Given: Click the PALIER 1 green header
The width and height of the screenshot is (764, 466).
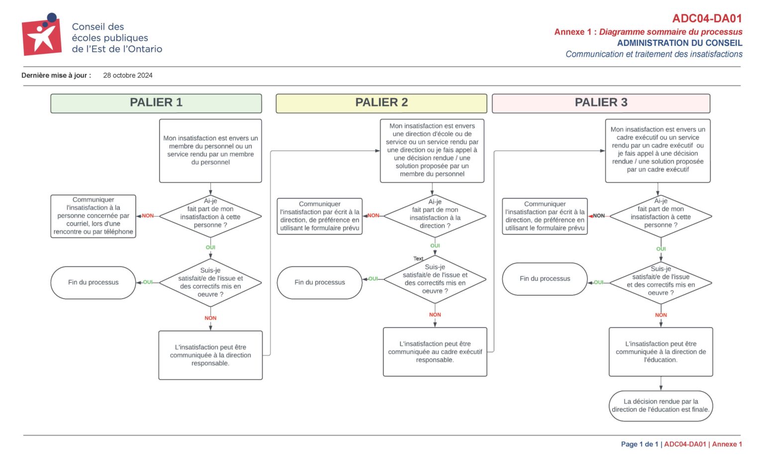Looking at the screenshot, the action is [x=156, y=104].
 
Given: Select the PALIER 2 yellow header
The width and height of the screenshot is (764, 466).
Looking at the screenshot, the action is [x=382, y=104].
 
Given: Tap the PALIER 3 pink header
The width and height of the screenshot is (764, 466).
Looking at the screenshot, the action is [x=601, y=104].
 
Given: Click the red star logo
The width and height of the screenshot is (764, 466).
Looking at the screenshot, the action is [x=42, y=34].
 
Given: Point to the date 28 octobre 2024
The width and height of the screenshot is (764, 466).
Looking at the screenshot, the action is [x=128, y=76].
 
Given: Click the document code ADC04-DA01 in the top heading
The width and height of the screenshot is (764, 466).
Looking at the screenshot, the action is [x=707, y=18].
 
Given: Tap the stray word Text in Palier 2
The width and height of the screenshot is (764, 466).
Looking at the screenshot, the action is [x=418, y=258].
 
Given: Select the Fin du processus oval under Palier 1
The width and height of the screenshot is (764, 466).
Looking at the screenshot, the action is [x=93, y=283].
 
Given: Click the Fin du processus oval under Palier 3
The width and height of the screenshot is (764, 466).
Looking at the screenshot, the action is [x=545, y=279].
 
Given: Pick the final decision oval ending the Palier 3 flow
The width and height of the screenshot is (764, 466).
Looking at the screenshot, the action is [x=661, y=406].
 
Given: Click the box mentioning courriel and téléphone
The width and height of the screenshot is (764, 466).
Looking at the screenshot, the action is [x=93, y=216].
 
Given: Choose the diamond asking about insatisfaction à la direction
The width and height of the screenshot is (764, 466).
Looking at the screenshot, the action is [x=435, y=216].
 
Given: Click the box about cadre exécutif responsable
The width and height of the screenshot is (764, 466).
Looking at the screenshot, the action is [x=435, y=352].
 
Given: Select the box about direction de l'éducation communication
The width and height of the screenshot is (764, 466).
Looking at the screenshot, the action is [x=661, y=352].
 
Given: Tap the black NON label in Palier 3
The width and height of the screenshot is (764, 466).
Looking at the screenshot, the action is [x=598, y=216].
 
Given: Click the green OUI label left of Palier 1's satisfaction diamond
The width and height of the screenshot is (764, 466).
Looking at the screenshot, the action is [x=148, y=282].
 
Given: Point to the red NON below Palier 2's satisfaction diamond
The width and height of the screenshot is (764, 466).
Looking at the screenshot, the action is [x=435, y=315].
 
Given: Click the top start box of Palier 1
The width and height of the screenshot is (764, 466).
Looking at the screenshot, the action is [x=210, y=150].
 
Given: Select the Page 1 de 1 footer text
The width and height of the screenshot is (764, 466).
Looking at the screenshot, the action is [x=640, y=444].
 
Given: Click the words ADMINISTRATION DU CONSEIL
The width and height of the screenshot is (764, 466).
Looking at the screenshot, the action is [x=679, y=43].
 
